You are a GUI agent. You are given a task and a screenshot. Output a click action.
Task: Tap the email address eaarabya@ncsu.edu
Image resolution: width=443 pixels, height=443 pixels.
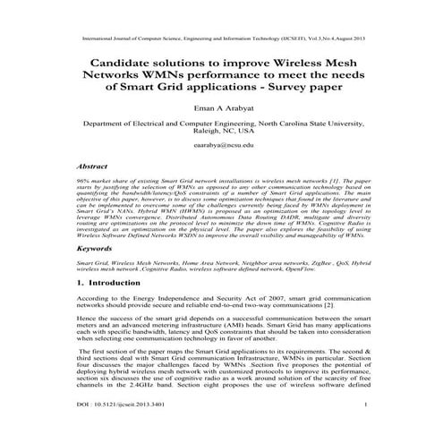221,144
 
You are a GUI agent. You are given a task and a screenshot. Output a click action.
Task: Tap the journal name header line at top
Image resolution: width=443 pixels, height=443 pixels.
221,39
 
